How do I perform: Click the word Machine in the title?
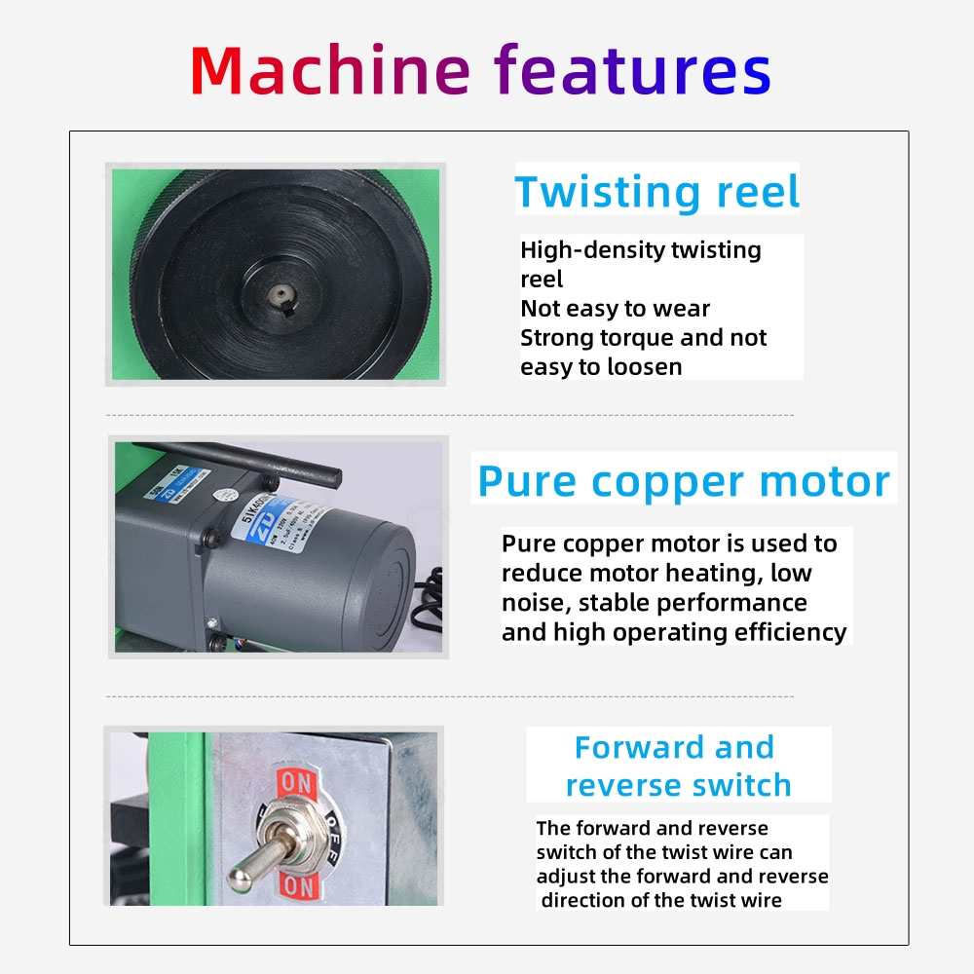[x=329, y=70]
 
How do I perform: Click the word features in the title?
[x=633, y=70]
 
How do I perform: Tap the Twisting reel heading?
[x=657, y=192]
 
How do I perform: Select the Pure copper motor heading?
[x=684, y=481]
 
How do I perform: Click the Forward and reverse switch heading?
[x=678, y=766]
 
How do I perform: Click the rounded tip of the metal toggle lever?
[x=238, y=876]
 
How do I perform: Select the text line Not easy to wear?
[x=615, y=309]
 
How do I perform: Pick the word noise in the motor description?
[x=532, y=602]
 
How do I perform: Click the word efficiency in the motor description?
[x=788, y=632]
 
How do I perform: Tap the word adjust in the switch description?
[x=565, y=876]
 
